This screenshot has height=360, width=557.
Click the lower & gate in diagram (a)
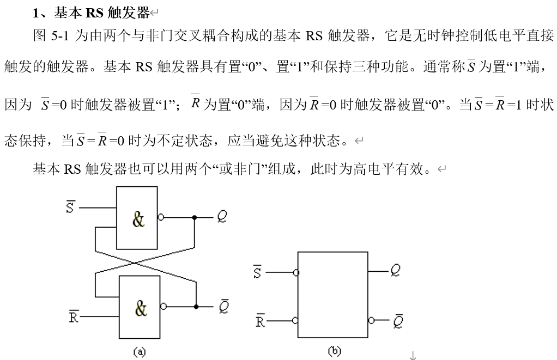coord(140,307)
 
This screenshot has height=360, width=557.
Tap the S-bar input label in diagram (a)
coord(70,207)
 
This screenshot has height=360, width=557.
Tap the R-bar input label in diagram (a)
coord(74,316)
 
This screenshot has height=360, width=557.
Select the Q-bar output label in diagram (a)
coord(223,307)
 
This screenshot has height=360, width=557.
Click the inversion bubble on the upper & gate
coord(160,217)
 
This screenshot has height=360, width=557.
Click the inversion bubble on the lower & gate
coord(163,307)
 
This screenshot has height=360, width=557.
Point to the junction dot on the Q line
coord(195,217)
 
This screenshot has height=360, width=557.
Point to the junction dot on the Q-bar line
coord(195,307)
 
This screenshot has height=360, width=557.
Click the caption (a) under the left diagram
coord(140,352)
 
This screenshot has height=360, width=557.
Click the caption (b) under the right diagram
coord(334,351)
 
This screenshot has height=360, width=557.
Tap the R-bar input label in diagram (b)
coord(261,321)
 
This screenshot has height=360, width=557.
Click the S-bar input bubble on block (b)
coord(295,272)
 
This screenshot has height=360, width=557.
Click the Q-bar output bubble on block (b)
coord(372,320)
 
